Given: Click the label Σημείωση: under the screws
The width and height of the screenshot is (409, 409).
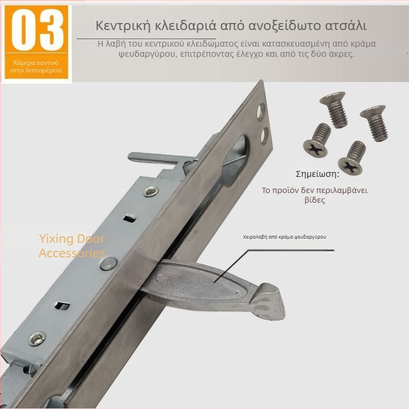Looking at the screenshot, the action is (318, 174).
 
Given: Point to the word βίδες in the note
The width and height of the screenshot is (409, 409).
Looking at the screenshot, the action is (315, 200).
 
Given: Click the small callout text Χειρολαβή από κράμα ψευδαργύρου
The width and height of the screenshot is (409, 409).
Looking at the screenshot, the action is (285, 237).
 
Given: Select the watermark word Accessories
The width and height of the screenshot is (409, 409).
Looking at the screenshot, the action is (72, 253).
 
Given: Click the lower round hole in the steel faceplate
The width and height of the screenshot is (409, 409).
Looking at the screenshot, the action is (264, 136).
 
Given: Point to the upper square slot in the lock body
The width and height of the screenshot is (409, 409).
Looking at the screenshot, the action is (130, 218).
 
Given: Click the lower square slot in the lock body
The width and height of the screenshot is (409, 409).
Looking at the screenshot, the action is (63, 305).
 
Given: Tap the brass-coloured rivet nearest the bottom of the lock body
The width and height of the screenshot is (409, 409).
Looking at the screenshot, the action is (37, 339).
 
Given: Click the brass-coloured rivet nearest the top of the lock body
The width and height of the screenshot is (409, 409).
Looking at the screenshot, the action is (151, 191).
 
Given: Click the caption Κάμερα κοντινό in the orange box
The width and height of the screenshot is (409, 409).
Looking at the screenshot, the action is (36, 63).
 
